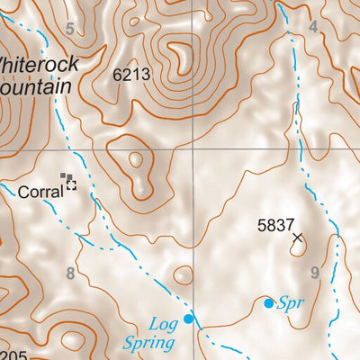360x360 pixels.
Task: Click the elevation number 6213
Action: (131, 76)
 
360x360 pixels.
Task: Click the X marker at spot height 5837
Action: (298, 238)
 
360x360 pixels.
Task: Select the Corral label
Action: (41, 191)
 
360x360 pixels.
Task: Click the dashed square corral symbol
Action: (70, 186)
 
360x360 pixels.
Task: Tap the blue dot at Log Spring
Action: (188, 318)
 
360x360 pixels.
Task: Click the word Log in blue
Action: (163, 322)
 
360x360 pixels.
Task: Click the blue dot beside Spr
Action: (268, 303)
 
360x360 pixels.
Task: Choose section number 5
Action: (69, 30)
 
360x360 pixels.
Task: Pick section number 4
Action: (312, 27)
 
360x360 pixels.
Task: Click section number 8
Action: (69, 273)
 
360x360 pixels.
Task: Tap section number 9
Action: (314, 272)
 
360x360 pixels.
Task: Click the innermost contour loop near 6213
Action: (180, 58)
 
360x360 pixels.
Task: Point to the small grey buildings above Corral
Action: (64, 176)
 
